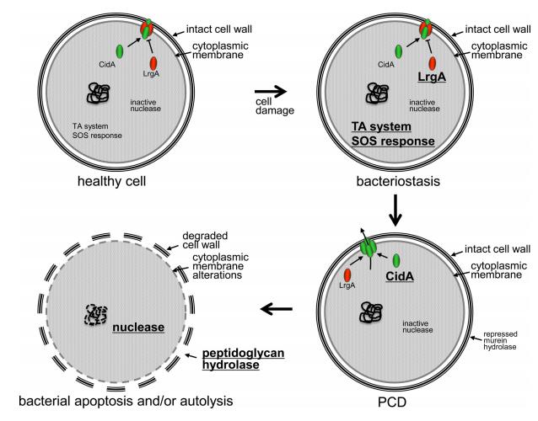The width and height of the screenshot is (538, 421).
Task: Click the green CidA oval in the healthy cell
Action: [118, 53]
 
